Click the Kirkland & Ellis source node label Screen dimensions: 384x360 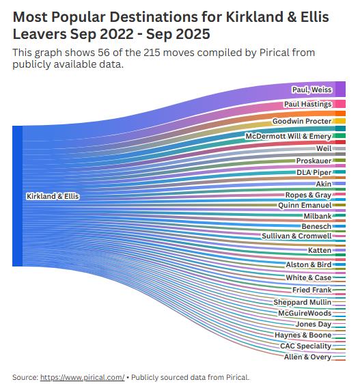tap(53, 196)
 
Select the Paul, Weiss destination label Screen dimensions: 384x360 tap(312, 90)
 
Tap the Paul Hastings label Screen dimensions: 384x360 tap(308, 105)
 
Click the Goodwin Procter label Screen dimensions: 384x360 tap(302, 121)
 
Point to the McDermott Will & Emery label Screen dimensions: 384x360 tap(288, 137)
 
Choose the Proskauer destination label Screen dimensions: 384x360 tap(314, 161)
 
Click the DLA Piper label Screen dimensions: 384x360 tap(314, 172)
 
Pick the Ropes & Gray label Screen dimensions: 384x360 tap(308, 195)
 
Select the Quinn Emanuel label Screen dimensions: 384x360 tap(305, 205)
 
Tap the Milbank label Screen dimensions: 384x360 tap(317, 216)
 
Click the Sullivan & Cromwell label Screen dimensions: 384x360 tap(296, 236)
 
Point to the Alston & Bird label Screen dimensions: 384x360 tap(308, 264)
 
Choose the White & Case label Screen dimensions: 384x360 tap(308, 278)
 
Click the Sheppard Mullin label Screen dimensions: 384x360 tap(302, 302)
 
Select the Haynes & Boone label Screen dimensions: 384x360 tap(303, 335)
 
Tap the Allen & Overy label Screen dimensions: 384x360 tap(307, 357)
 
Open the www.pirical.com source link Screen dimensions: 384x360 tap(82, 377)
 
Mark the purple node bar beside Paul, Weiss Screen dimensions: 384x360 tap(340, 90)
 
